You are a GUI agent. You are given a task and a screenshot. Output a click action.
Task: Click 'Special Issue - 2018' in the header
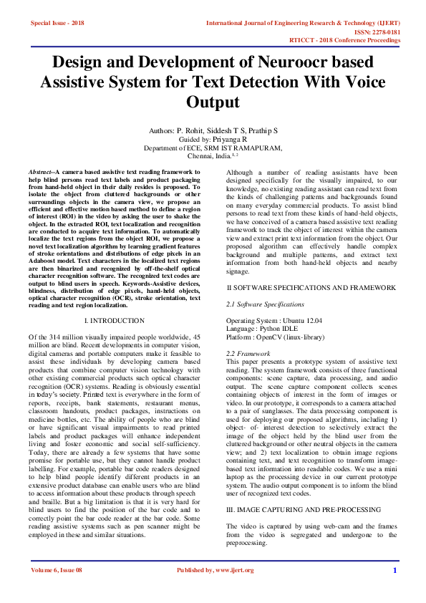pyautogui.click(x=57, y=23)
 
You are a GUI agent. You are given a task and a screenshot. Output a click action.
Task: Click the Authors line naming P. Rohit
pyautogui.click(x=213, y=131)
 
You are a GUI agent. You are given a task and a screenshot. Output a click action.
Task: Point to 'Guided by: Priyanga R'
pyautogui.click(x=213, y=140)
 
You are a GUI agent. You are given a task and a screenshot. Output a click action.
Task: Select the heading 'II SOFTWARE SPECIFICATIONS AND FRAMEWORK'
pyautogui.click(x=310, y=287)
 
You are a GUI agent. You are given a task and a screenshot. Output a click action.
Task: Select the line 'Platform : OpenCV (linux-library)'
pyautogui.click(x=275, y=337)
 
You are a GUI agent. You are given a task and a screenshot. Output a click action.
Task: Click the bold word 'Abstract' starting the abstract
pyautogui.click(x=41, y=173)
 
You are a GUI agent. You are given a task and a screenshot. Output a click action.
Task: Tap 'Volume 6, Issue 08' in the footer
pyautogui.click(x=57, y=590)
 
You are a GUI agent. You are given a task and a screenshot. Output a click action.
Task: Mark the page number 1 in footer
pyautogui.click(x=394, y=590)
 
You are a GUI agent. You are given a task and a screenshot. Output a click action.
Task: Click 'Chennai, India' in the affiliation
pyautogui.click(x=207, y=156)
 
